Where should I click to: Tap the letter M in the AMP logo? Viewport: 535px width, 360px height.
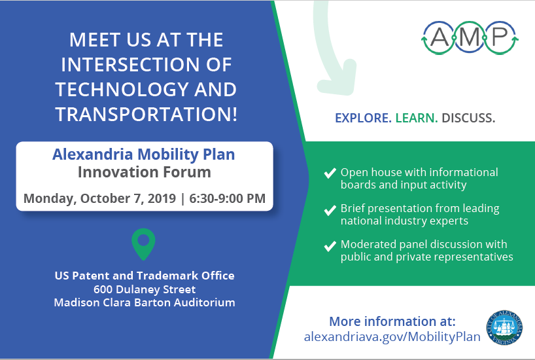point(469,37)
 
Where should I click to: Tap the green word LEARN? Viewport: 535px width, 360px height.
point(417,118)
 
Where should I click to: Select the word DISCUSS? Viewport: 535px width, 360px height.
point(468,118)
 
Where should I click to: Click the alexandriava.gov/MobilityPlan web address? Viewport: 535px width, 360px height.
point(392,336)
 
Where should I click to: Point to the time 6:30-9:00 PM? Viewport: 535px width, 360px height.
point(227,198)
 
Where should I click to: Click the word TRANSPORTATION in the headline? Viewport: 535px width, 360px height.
point(146,114)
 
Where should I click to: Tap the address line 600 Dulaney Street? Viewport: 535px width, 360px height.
point(145,289)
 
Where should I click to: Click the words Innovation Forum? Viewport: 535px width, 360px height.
point(145,173)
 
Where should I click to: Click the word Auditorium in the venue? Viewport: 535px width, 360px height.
point(203,302)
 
